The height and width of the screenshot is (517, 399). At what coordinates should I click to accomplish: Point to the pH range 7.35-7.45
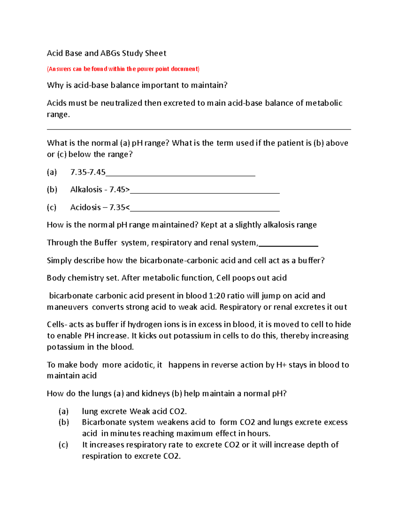(x=88, y=172)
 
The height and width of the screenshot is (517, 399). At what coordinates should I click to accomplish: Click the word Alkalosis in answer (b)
(x=86, y=189)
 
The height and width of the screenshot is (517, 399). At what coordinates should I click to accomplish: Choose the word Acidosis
(x=85, y=207)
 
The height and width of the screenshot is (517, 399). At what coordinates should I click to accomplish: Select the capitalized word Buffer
(x=106, y=243)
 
